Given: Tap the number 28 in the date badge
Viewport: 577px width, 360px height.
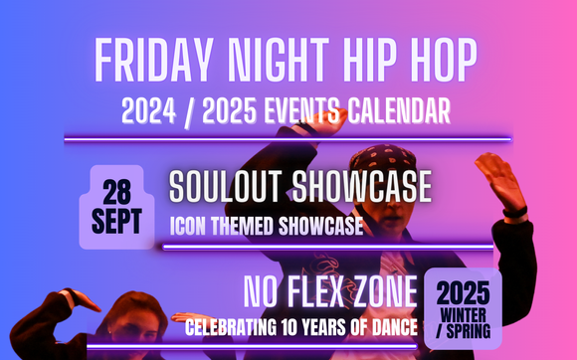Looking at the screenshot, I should (x=117, y=189).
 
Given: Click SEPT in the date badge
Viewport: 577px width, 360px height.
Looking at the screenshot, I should (x=117, y=219).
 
